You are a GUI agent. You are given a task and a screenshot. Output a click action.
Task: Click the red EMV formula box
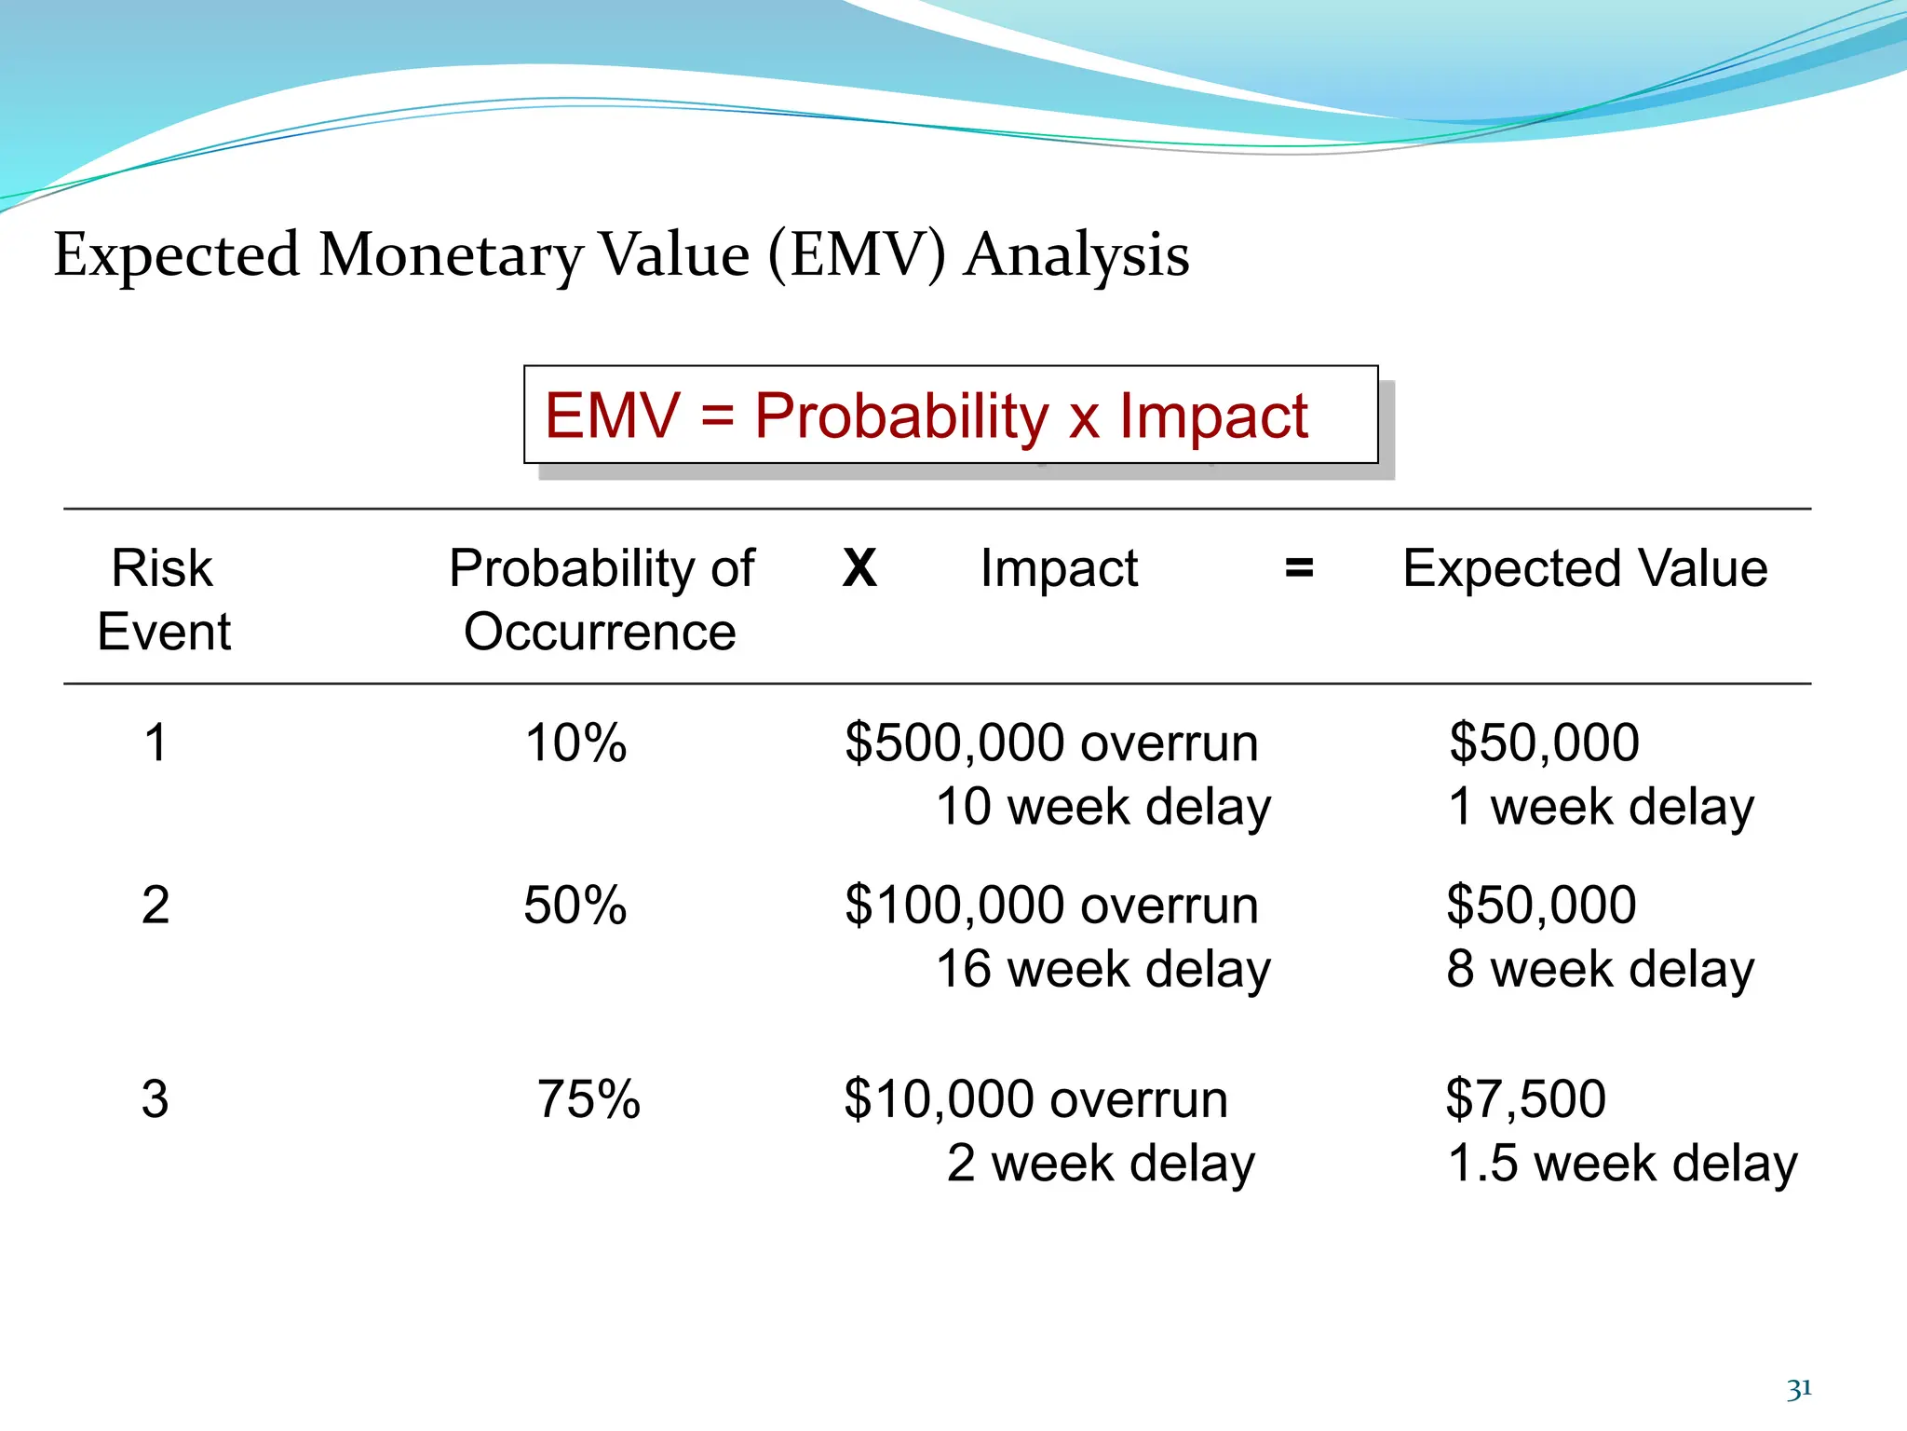pos(950,415)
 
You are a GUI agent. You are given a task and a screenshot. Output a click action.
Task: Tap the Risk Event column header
pos(163,599)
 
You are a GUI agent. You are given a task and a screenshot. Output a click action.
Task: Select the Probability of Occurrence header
pos(601,599)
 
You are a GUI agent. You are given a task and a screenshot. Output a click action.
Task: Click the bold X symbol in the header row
pos(859,568)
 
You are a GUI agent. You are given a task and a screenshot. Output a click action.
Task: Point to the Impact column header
pos(1059,568)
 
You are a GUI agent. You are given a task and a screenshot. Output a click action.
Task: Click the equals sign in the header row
pos(1299,568)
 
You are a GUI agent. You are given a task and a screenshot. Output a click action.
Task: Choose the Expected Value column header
pos(1585,568)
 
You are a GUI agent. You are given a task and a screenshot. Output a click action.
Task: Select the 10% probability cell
pos(575,743)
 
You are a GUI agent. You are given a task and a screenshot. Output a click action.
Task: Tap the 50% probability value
pos(575,905)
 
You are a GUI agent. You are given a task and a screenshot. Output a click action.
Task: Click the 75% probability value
pos(588,1099)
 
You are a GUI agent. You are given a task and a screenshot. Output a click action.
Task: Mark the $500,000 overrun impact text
pos(1051,743)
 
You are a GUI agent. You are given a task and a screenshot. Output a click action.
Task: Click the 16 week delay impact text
pos(1102,969)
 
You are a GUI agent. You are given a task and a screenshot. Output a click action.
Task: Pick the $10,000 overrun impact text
pos(1035,1099)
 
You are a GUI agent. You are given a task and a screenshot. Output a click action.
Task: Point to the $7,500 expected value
pos(1525,1099)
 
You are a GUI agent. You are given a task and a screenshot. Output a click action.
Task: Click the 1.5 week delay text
pos(1622,1164)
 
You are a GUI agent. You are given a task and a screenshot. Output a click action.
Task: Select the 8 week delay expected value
pos(1600,969)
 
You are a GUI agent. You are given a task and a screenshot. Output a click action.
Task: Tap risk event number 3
pos(156,1099)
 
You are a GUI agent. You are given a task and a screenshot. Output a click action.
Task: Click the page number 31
pos(1799,1389)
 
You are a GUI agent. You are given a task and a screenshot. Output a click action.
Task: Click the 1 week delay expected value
pos(1600,807)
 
